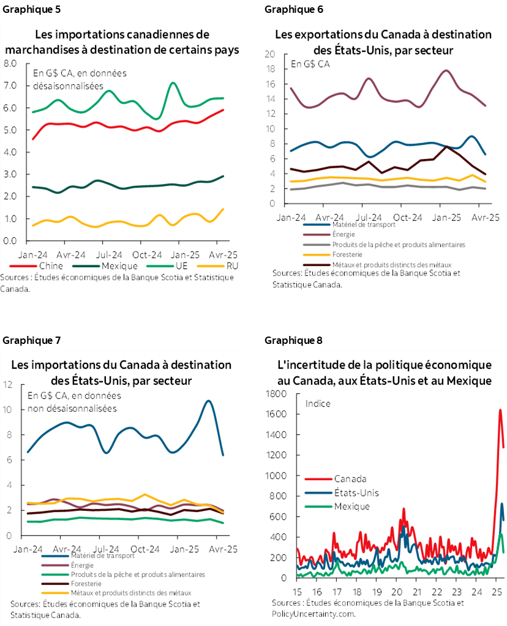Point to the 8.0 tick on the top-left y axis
10,63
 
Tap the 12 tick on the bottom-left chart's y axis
8,384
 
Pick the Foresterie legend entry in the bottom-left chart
88,584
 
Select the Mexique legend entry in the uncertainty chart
351,506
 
